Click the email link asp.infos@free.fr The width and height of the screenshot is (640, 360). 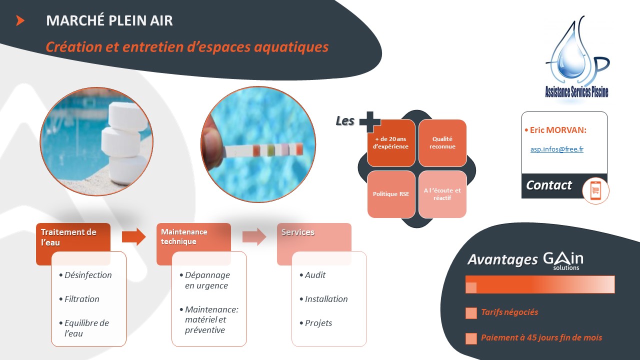[x=557, y=149]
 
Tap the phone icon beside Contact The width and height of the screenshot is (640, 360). [x=595, y=190]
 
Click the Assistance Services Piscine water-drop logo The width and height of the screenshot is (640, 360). [x=577, y=57]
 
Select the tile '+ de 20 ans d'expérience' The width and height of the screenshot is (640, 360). [x=391, y=143]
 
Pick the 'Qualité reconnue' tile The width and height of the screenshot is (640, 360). [x=442, y=143]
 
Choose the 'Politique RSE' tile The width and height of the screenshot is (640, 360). [x=391, y=194]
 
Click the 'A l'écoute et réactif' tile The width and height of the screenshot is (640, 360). [x=442, y=194]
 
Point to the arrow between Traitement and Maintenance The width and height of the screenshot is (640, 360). [x=133, y=237]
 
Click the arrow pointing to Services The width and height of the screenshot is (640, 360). [x=254, y=237]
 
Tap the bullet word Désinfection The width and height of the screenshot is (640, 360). [x=88, y=275]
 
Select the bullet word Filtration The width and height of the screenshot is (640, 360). [x=81, y=299]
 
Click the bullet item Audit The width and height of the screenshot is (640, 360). [x=315, y=275]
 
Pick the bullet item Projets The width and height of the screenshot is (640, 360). [x=318, y=323]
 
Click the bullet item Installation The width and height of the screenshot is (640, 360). [x=326, y=299]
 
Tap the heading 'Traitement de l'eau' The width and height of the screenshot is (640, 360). [x=68, y=237]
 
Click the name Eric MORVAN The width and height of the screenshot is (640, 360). [x=558, y=130]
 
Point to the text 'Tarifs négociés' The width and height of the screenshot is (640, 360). [x=509, y=312]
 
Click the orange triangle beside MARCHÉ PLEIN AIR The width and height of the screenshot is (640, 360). [x=20, y=20]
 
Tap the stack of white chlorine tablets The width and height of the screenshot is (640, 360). [x=124, y=143]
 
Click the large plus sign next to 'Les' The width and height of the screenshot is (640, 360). [x=370, y=122]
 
